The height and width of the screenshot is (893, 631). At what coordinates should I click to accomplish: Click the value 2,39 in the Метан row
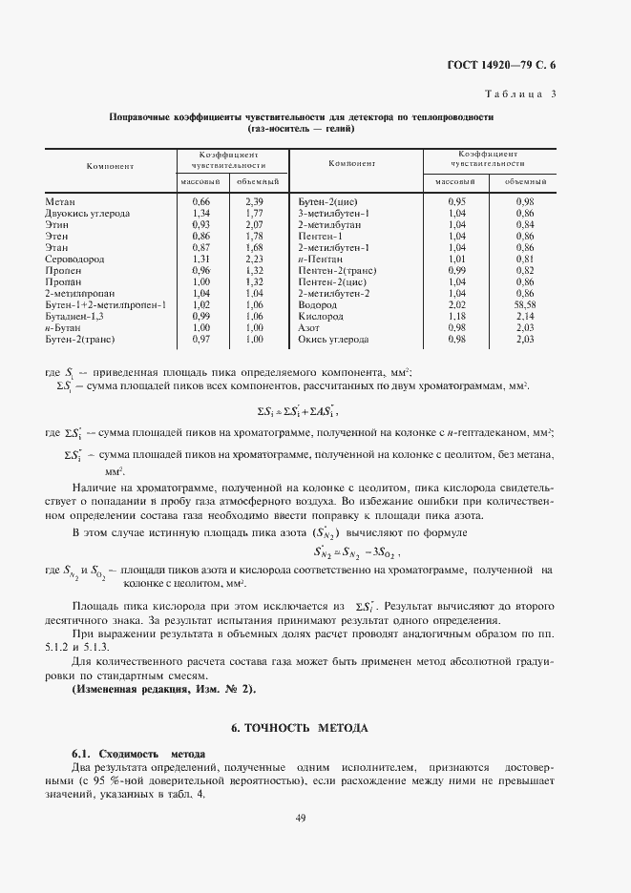[x=254, y=202]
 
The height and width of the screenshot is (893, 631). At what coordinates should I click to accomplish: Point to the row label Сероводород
[x=74, y=259]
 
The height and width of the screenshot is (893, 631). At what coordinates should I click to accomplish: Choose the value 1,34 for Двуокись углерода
[x=200, y=214]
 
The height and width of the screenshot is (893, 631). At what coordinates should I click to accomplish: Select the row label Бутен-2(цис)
[x=327, y=202]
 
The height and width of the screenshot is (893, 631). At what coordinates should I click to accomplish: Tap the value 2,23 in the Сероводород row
[x=254, y=259]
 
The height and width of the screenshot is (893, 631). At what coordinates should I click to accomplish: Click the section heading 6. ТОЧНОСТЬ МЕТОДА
[x=300, y=728]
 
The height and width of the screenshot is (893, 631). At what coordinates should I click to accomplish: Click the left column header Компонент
[x=110, y=166]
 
